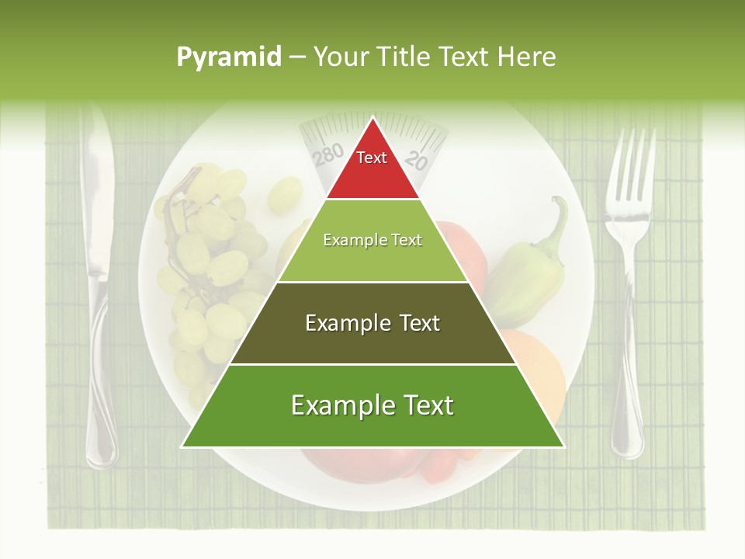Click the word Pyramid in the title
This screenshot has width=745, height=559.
[229, 57]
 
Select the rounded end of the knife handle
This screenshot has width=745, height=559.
[101, 450]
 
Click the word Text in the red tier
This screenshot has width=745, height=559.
[372, 158]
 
